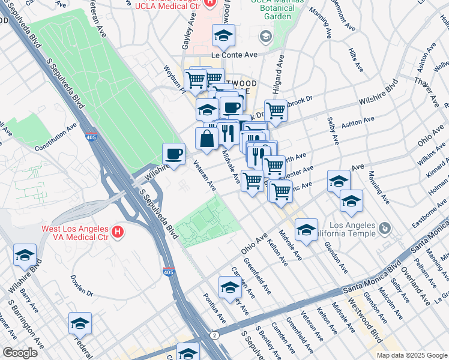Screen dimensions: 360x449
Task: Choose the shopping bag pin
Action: tap(206, 138)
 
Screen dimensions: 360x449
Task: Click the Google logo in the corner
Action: tap(20, 353)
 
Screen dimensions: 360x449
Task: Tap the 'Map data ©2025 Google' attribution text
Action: tap(411, 355)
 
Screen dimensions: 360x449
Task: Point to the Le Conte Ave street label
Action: tap(237, 54)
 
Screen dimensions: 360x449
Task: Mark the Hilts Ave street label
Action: tap(355, 61)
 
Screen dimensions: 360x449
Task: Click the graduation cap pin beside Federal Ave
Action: tap(80, 324)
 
